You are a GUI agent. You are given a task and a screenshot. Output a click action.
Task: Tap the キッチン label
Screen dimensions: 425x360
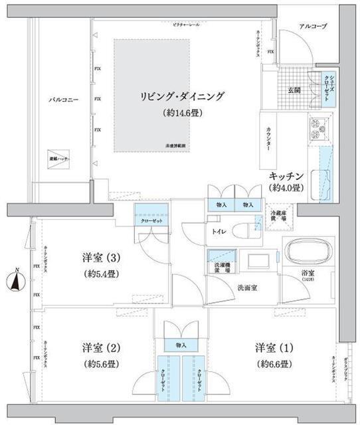coord(287,176)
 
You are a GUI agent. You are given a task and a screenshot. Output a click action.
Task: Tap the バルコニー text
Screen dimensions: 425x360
coord(64,100)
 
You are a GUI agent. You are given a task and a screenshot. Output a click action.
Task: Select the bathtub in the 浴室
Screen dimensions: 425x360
coord(306,254)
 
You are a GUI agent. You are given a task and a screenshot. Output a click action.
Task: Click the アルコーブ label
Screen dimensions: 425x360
coord(313,26)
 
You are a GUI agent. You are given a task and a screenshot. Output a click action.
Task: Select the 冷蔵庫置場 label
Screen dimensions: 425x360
coord(278,215)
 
